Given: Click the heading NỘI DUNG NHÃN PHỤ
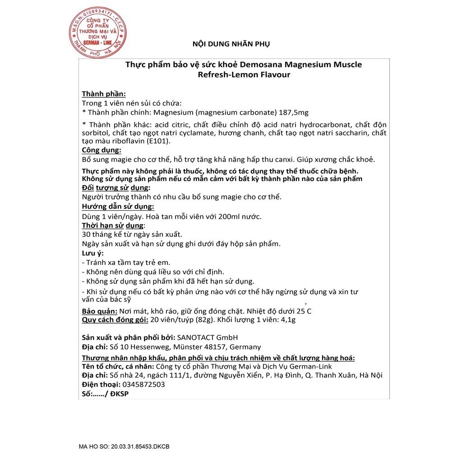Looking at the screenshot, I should (231, 44).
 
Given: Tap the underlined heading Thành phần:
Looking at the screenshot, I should (104, 94).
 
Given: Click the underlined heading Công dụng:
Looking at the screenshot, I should (102, 150).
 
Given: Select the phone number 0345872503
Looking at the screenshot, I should (143, 384).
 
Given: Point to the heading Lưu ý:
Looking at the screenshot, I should (92, 253).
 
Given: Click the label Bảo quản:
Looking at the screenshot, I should (100, 311).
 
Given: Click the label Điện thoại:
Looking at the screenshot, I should (101, 384).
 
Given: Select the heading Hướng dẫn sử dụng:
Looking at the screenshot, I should (118, 207).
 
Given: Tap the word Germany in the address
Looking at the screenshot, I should (245, 347).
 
